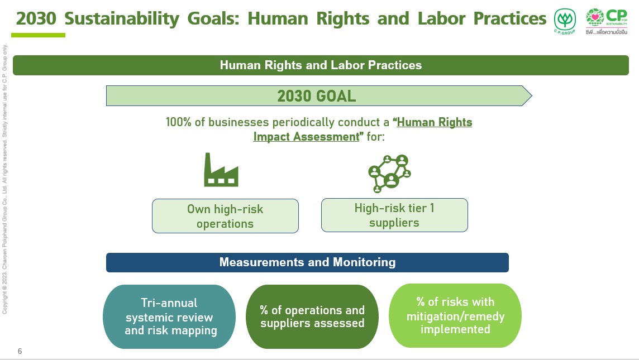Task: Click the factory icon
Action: (x=221, y=170)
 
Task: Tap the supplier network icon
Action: (x=389, y=174)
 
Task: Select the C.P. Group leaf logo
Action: (x=565, y=21)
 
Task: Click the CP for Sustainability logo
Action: (x=607, y=21)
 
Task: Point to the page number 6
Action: (x=20, y=351)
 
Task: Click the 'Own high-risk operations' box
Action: (x=225, y=216)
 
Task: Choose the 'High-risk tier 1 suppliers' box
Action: (x=394, y=215)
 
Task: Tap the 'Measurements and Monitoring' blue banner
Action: (x=307, y=262)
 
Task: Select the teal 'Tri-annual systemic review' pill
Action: (x=169, y=316)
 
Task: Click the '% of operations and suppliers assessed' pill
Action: (x=312, y=316)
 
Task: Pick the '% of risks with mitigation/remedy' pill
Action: (x=455, y=315)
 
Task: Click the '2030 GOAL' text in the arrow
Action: (x=317, y=96)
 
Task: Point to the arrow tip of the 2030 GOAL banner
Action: (x=532, y=95)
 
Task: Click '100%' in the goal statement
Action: (x=179, y=122)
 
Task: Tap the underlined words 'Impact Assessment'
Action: (x=306, y=136)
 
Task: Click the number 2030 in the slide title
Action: (x=36, y=18)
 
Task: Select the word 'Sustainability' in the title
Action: (x=122, y=19)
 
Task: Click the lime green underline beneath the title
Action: (x=39, y=35)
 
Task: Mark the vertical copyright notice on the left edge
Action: (x=5, y=179)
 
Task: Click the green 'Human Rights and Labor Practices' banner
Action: (x=321, y=65)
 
